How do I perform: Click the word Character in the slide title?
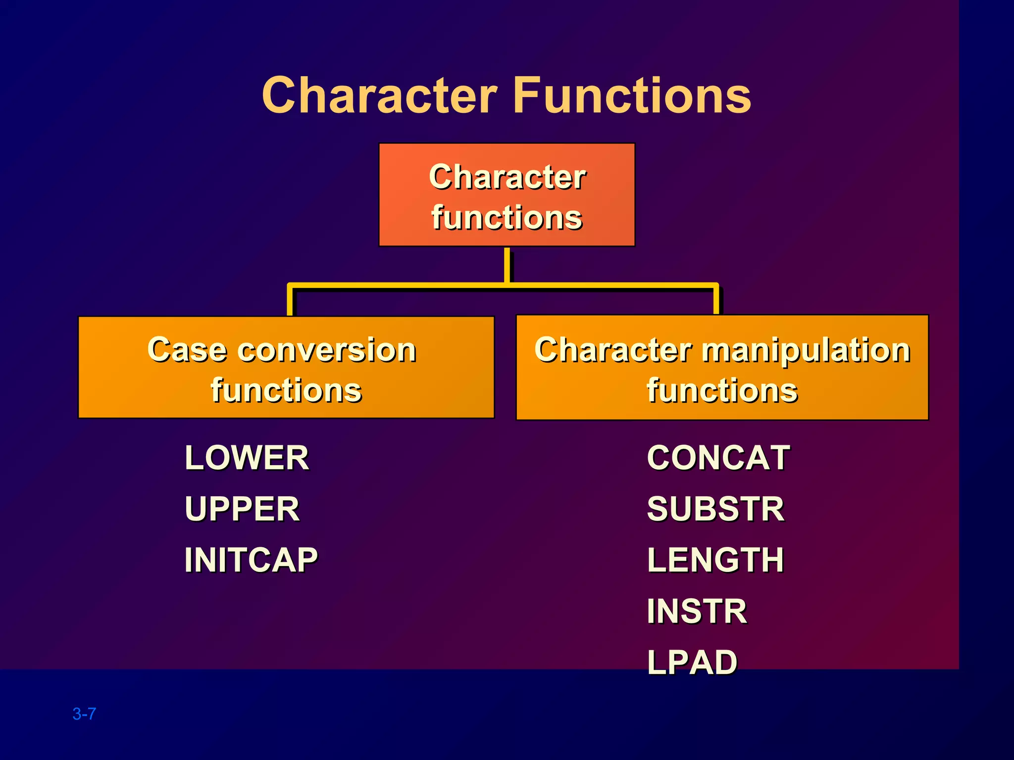379,95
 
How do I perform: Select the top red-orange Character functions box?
507,194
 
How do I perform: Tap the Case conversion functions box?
286,367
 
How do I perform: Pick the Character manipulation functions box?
722,367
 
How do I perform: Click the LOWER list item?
247,458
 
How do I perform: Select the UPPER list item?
242,509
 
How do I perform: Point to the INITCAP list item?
251,560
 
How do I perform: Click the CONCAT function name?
718,458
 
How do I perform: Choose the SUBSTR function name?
715,509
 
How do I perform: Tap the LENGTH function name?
715,560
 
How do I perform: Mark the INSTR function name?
697,612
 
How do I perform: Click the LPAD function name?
692,663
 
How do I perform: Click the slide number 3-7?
84,714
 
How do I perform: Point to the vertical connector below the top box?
507,265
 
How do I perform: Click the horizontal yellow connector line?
396,285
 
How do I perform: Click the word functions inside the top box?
507,218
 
